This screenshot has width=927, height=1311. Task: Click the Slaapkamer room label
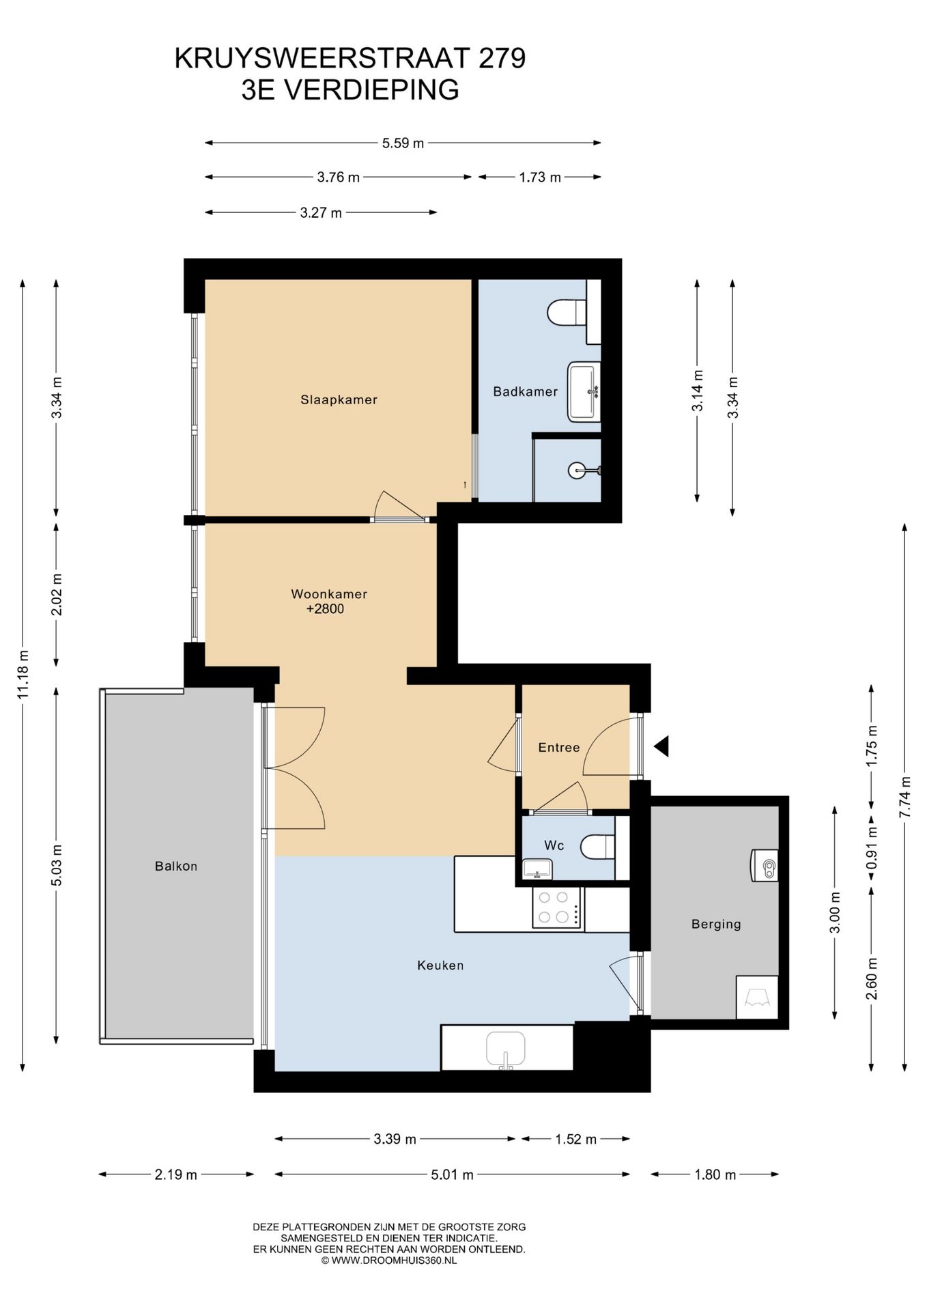point(339,400)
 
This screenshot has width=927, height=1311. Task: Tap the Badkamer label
point(525,392)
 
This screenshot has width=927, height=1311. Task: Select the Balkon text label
point(176,866)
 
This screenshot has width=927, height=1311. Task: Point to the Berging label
point(716,925)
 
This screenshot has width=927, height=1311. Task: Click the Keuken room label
point(440,965)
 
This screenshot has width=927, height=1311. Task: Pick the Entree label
point(559,748)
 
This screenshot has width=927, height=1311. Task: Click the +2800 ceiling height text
point(325,609)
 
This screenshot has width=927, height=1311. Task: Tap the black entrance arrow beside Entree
point(661,746)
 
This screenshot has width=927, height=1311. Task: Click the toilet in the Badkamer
point(567,313)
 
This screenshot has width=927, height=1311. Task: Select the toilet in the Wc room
point(597,847)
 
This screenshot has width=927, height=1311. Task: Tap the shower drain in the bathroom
point(577,470)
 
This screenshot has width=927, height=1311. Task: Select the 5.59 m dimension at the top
point(403,143)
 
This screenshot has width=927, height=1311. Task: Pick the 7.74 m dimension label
point(905,798)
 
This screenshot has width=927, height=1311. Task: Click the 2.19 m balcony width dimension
point(176,1174)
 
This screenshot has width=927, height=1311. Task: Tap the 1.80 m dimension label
point(715,1174)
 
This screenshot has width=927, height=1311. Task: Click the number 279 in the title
point(502,59)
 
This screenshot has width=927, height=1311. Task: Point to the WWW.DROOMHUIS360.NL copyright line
point(389,1260)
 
